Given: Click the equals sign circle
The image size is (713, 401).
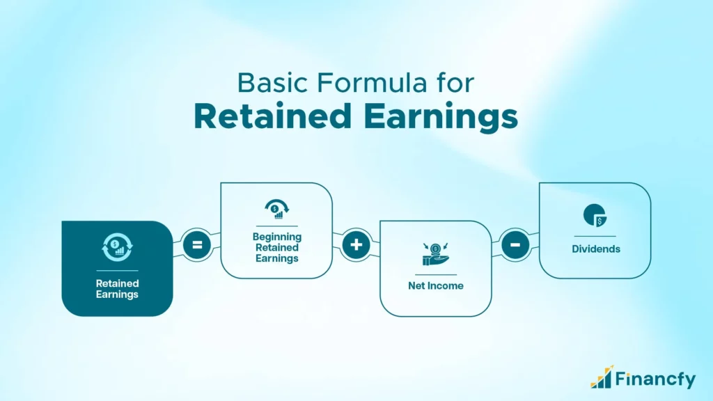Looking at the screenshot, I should pyautogui.click(x=196, y=246).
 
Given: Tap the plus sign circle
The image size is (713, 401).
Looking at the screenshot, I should pyautogui.click(x=356, y=246).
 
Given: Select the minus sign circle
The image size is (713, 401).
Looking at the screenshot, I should pyautogui.click(x=515, y=246).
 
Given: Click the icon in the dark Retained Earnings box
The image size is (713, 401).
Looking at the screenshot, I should pyautogui.click(x=117, y=247).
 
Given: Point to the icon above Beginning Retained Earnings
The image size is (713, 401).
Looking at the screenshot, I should pyautogui.click(x=276, y=208).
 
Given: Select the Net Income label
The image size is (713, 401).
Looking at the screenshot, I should pyautogui.click(x=435, y=286).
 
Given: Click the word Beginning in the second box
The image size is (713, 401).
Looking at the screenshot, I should pyautogui.click(x=276, y=237).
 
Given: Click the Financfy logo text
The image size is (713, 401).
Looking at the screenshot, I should pyautogui.click(x=655, y=379).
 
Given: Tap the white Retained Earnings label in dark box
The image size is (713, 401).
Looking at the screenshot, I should pyautogui.click(x=117, y=289).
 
